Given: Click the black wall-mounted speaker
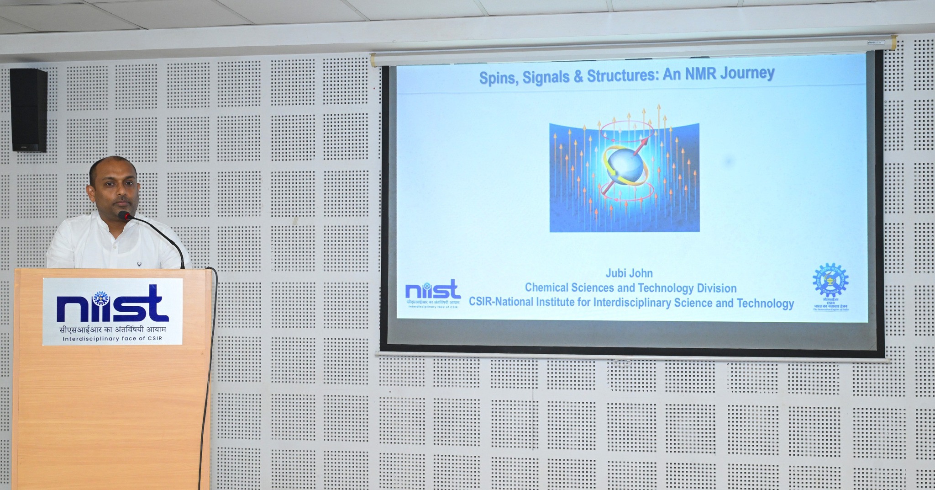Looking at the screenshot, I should click(x=28, y=110).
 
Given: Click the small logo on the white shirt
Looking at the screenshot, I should click(x=139, y=264).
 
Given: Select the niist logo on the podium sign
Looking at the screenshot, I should click(x=112, y=304).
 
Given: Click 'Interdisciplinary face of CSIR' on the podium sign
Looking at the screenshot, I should click(x=112, y=339).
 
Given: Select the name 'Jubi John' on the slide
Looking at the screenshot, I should click(x=629, y=273).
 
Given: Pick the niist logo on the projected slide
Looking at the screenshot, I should click(x=432, y=291).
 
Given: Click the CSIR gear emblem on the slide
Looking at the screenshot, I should click(x=830, y=280).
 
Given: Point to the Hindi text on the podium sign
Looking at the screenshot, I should click(x=112, y=329).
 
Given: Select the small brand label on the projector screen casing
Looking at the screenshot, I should click(x=876, y=43).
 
